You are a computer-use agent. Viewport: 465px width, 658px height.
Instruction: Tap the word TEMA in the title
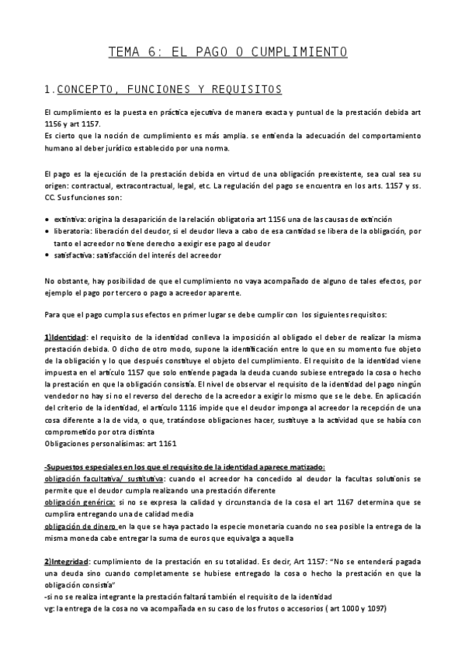[123, 52]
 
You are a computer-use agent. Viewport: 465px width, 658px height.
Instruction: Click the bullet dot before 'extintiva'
[48, 220]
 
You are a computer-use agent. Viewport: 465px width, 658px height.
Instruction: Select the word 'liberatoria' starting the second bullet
[71, 231]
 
